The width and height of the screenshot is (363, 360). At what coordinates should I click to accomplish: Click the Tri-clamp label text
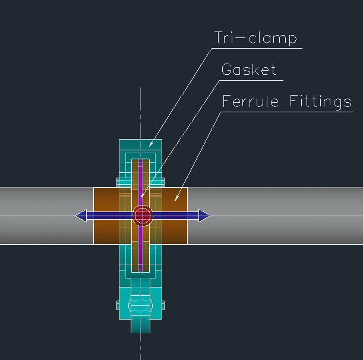point(255,39)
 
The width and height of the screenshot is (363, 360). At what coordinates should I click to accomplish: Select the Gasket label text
point(248,70)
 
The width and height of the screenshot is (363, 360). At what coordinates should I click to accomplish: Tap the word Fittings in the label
point(320,102)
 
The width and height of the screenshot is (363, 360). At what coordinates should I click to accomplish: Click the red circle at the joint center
point(142,216)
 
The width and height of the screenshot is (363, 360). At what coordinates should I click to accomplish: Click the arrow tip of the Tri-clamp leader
point(149,146)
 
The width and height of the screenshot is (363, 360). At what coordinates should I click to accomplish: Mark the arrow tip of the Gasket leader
point(140,197)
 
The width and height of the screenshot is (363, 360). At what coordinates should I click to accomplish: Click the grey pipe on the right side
point(279,229)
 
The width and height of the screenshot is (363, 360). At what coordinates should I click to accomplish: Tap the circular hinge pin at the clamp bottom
point(140,305)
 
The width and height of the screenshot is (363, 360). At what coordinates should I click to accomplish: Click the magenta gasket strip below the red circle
point(141,250)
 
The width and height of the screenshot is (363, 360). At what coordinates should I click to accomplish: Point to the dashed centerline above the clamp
point(141,113)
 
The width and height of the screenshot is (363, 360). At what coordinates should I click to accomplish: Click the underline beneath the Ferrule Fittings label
point(285,111)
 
